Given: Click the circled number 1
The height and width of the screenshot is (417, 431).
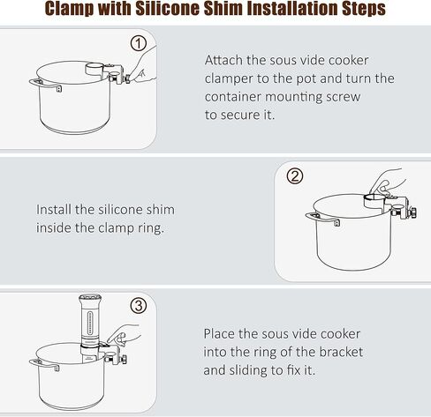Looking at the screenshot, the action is point(139,43).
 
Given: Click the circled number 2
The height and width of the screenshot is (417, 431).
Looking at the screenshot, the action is point(295,176).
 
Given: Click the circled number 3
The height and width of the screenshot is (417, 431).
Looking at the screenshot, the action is point(139,305).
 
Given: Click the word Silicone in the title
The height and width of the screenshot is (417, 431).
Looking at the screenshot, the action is point(168,9).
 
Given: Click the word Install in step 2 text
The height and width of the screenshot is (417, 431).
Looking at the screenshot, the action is point(54,210).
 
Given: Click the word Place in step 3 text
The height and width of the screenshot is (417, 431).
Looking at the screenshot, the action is point(219,334).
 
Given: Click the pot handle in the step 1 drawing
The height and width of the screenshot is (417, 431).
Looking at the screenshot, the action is point(45,85).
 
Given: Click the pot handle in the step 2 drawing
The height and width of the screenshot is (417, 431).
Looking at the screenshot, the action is point(322,219).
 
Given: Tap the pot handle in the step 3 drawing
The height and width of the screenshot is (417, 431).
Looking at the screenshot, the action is point(43,364).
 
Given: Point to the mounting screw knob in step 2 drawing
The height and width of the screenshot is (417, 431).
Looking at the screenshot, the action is point(414,212).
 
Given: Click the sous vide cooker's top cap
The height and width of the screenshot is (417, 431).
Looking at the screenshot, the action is point(90,299).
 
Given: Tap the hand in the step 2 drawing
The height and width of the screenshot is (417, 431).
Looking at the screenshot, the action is point(388,182).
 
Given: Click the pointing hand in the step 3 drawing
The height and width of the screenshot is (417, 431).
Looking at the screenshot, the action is point(124,336).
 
